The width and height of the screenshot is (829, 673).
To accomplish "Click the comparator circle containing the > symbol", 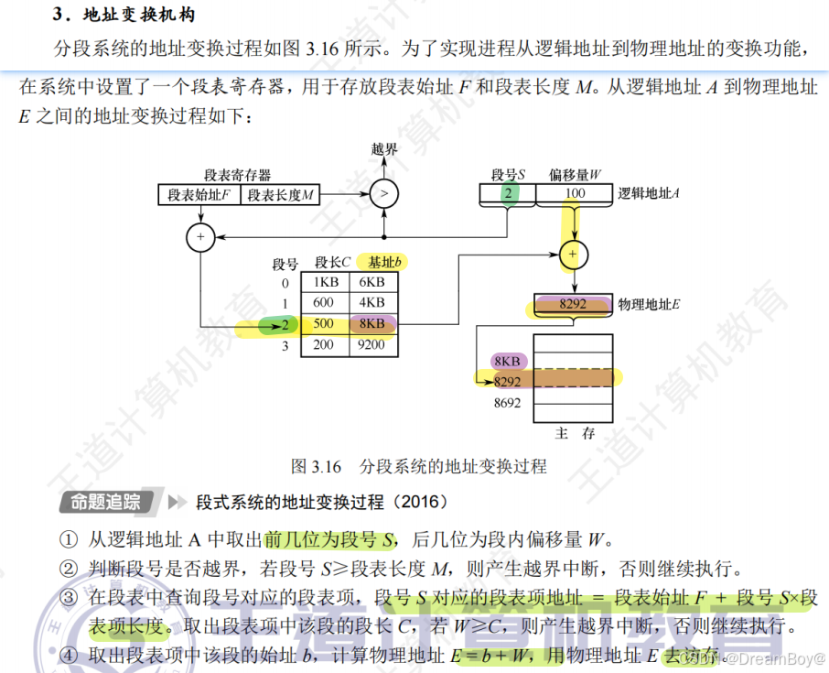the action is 384,193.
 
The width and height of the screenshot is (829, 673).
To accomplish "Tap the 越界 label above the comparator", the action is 384,149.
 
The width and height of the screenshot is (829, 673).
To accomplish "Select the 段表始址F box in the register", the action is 199,194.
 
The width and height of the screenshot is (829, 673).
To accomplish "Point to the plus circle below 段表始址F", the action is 199,237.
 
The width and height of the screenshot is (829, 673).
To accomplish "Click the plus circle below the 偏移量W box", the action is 573,254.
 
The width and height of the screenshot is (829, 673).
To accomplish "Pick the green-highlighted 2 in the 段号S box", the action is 506,193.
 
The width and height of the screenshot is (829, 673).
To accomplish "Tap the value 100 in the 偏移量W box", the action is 575,193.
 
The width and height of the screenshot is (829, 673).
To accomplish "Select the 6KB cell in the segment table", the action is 371,282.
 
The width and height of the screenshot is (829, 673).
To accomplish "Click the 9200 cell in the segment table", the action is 371,345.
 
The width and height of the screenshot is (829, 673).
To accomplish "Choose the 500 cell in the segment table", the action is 324,324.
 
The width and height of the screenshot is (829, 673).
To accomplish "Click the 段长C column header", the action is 333,263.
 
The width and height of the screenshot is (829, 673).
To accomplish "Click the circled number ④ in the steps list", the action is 70,656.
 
